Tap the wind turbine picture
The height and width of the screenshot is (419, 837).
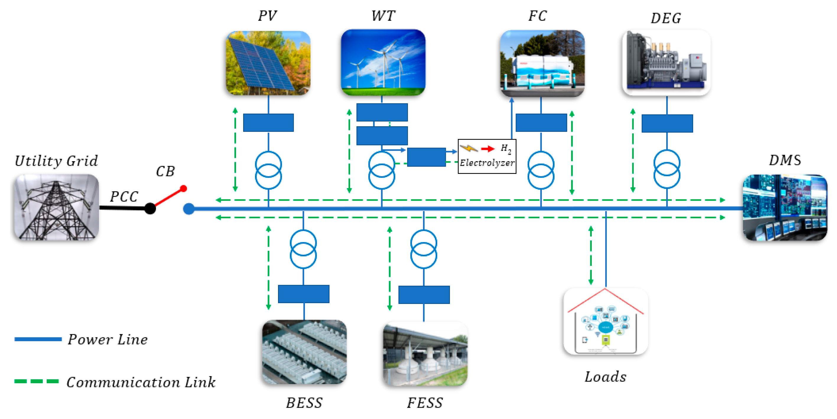click(x=383, y=62)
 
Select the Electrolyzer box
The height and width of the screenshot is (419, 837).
click(x=487, y=156)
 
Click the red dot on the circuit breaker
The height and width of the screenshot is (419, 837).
click(x=183, y=189)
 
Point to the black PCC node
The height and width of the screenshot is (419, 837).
click(x=150, y=208)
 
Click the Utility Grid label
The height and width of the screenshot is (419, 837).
click(x=56, y=161)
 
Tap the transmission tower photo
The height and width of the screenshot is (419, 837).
click(x=56, y=207)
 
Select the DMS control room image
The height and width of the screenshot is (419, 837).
click(x=785, y=208)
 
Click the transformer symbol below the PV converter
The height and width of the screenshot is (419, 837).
click(x=268, y=170)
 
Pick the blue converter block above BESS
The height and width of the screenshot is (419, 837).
click(x=303, y=294)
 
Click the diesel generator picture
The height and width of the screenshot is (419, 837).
click(x=666, y=63)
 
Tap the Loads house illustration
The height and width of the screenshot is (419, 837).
click(x=605, y=321)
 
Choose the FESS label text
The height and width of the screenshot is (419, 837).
click(x=425, y=403)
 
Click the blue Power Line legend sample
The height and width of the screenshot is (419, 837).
click(x=38, y=339)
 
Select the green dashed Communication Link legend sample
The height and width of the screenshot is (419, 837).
click(x=36, y=381)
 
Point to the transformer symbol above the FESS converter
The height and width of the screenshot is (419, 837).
click(x=424, y=249)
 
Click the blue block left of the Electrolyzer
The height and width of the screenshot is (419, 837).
click(x=426, y=157)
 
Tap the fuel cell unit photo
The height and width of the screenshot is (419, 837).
click(x=542, y=64)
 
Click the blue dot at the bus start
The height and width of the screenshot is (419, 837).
click(x=189, y=209)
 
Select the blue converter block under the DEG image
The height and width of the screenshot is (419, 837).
click(x=667, y=123)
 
